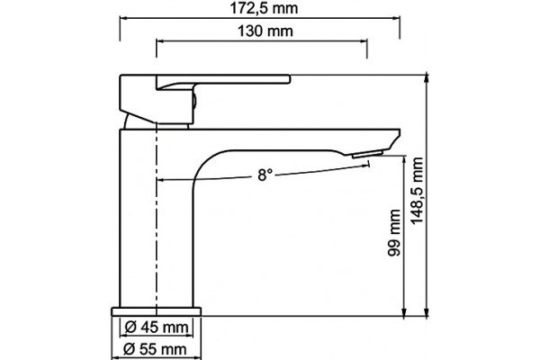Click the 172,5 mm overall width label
click(264, 8)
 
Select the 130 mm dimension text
click(265, 31)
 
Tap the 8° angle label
click(265, 175)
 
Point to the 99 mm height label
click(394, 232)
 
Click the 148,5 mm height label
click(417, 191)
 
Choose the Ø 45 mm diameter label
click(157, 327)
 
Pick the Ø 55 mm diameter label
click(155, 349)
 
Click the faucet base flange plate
click(156, 311)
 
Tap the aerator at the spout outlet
click(367, 154)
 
